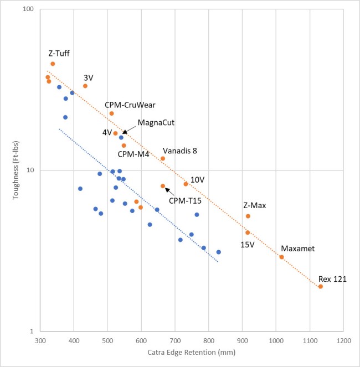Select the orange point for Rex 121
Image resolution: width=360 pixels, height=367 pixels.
pyautogui.click(x=321, y=287)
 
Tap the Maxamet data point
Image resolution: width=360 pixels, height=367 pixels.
pyautogui.click(x=281, y=257)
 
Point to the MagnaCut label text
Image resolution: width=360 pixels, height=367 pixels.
pyautogui.click(x=156, y=122)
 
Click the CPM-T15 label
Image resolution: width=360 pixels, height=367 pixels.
pyautogui.click(x=186, y=200)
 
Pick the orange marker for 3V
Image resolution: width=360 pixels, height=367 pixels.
pyautogui.click(x=85, y=86)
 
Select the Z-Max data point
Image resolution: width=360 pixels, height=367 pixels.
pyautogui.click(x=248, y=216)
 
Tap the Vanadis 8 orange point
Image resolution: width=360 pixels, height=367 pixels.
pyautogui.click(x=163, y=158)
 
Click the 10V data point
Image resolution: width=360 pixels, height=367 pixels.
pyautogui.click(x=186, y=184)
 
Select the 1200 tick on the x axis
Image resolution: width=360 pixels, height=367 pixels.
pyautogui.click(x=343, y=340)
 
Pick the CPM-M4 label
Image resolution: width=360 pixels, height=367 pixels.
pyautogui.click(x=133, y=154)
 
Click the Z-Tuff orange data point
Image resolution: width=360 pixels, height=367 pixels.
pyautogui.click(x=53, y=64)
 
